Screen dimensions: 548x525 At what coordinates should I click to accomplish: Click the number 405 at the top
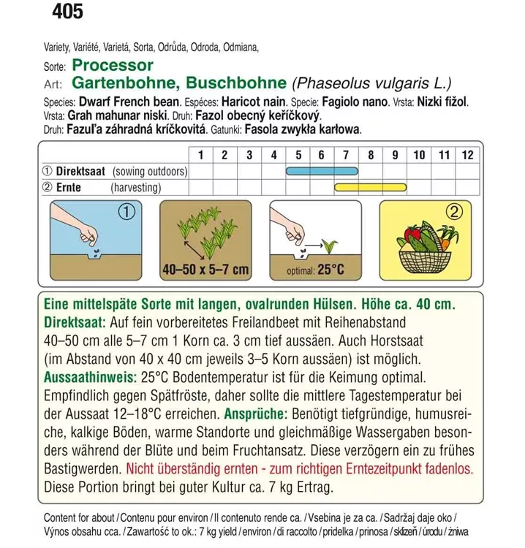click(67, 12)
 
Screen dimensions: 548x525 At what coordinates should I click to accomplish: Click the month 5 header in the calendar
click(298, 155)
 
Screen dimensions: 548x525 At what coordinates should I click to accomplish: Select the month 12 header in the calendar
click(467, 155)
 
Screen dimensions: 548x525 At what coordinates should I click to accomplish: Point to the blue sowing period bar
click(322, 172)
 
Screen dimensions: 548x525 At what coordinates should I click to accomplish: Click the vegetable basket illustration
click(425, 248)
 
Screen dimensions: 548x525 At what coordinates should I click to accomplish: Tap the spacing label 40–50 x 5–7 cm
click(205, 270)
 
